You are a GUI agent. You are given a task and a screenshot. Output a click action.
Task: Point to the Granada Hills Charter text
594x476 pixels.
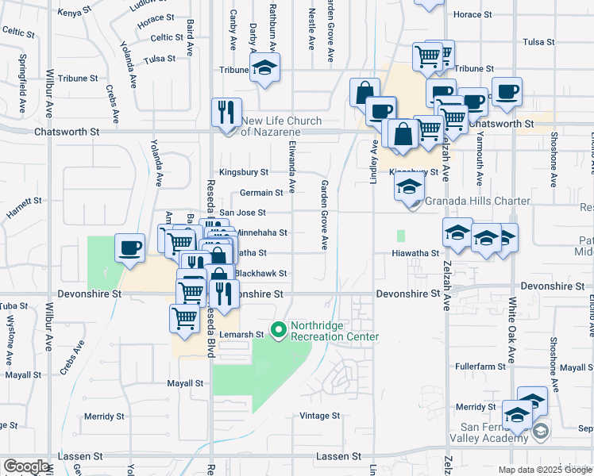coord(477,201)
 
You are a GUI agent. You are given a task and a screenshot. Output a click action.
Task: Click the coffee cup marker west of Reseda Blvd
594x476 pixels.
coord(129,248)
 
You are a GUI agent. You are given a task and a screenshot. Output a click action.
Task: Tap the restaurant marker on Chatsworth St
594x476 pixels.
coord(226,112)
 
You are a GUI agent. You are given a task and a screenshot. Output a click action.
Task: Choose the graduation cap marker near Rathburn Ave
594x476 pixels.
coord(264,67)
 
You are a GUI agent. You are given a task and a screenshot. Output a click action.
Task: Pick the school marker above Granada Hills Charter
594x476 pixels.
coord(408,187)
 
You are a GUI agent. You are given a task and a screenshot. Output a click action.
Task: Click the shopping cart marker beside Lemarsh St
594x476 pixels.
coord(184,318)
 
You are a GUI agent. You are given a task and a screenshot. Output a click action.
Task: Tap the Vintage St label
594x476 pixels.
coord(319,416)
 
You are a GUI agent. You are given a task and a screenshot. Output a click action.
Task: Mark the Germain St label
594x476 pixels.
coord(262,193)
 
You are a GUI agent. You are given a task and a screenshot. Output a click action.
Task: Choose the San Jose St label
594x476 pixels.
coord(242,213)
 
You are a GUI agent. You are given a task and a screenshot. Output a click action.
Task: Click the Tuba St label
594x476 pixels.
coord(13,305)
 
